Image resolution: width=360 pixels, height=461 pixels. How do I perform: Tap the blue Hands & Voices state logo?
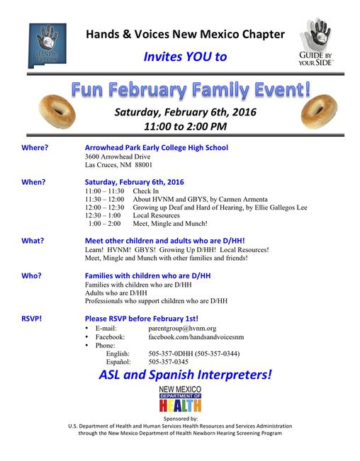point(47,45)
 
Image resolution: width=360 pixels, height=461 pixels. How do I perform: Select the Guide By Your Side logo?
point(315,42)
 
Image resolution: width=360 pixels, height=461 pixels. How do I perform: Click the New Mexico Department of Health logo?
point(180,399)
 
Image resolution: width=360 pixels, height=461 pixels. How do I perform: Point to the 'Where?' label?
point(35,147)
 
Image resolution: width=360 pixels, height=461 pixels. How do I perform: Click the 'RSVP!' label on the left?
point(31,319)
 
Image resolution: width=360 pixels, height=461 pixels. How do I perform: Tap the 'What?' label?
point(33,241)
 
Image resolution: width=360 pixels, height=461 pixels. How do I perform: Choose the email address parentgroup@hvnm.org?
point(182,329)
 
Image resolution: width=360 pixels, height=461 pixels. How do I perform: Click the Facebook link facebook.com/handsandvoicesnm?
point(196,337)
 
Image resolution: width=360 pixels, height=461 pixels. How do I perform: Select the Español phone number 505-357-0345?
point(168,362)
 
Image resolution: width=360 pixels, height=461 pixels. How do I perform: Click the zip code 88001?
point(144,165)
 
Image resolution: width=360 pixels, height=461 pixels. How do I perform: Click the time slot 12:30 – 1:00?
point(103,215)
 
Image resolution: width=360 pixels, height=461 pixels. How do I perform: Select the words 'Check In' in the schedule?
point(145,191)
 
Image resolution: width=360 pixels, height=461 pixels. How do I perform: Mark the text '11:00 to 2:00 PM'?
point(185,127)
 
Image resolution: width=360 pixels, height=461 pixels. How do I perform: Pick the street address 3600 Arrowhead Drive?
point(118,156)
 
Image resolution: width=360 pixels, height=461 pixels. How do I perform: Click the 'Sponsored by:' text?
point(181,419)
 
